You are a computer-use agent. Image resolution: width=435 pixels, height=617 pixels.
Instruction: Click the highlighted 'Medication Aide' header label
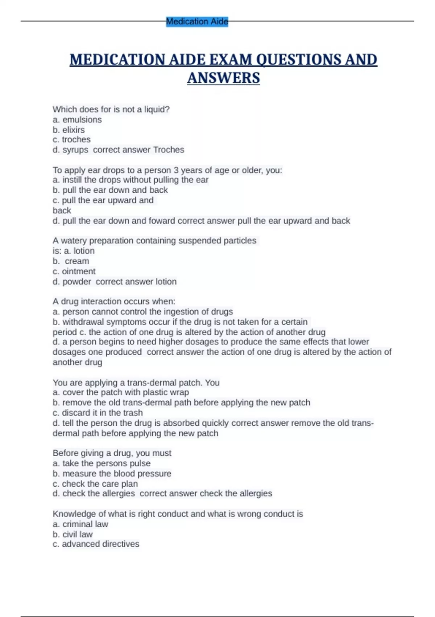pyautogui.click(x=197, y=22)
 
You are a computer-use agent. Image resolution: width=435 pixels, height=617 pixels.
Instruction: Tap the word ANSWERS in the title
pyautogui.click(x=223, y=78)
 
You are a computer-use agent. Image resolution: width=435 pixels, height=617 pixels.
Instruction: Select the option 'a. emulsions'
pyautogui.click(x=77, y=120)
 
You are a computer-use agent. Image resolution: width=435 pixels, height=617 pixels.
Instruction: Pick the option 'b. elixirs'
pyautogui.click(x=69, y=130)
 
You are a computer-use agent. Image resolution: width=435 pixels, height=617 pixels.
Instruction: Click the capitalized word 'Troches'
pyautogui.click(x=169, y=150)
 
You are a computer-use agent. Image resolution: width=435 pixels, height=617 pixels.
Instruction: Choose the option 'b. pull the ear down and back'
pyautogui.click(x=110, y=190)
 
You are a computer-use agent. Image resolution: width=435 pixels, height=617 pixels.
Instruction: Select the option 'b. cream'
pyautogui.click(x=71, y=261)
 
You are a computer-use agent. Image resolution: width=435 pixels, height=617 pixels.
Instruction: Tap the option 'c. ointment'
pyautogui.click(x=74, y=271)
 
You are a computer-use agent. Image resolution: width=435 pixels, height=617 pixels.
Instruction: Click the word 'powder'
pyautogui.click(x=77, y=282)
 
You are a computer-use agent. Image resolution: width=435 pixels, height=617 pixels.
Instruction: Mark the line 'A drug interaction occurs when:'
pyautogui.click(x=114, y=302)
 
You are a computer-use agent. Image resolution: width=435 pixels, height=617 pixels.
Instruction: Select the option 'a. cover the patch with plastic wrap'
pyautogui.click(x=121, y=392)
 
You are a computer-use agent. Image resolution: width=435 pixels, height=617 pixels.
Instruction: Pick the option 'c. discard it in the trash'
pyautogui.click(x=98, y=413)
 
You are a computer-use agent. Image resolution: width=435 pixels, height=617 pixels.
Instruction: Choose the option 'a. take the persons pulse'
pyautogui.click(x=101, y=463)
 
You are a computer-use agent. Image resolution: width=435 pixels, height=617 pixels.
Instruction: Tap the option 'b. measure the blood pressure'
pyautogui.click(x=112, y=474)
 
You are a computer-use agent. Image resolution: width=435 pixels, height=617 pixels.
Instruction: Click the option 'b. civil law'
pyautogui.click(x=72, y=534)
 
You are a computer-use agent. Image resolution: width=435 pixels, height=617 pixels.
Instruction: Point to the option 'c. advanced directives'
pyautogui.click(x=96, y=544)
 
